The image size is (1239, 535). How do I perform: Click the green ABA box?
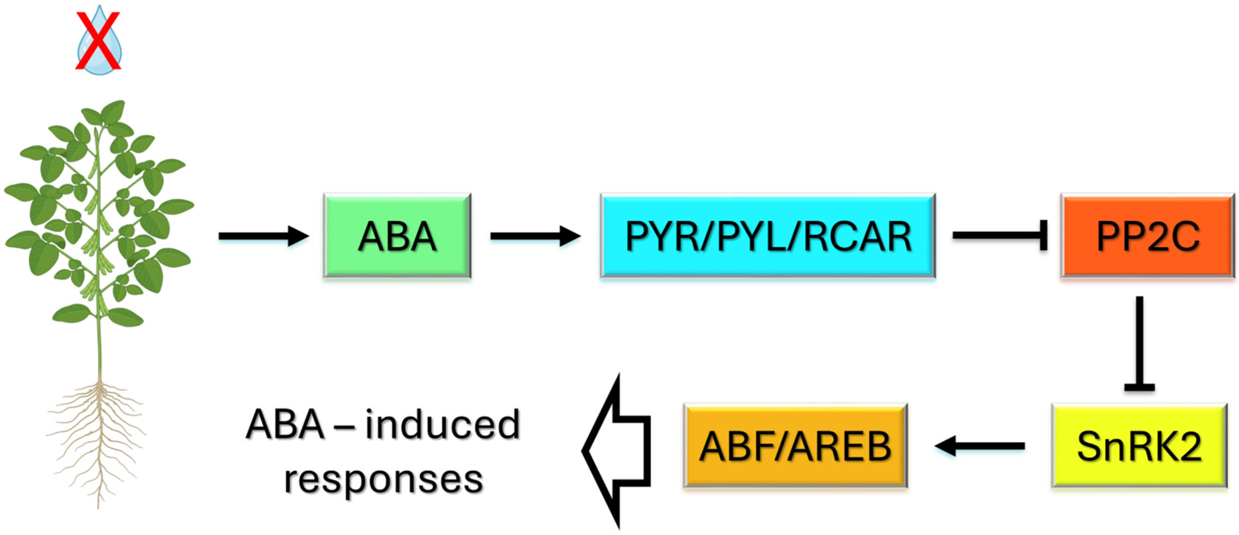pyautogui.click(x=397, y=236)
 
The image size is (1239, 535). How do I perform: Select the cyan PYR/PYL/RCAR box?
pyautogui.click(x=768, y=236)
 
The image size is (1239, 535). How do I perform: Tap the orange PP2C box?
pyautogui.click(x=1148, y=236)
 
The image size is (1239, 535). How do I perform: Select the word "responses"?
pyautogui.click(x=384, y=479)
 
